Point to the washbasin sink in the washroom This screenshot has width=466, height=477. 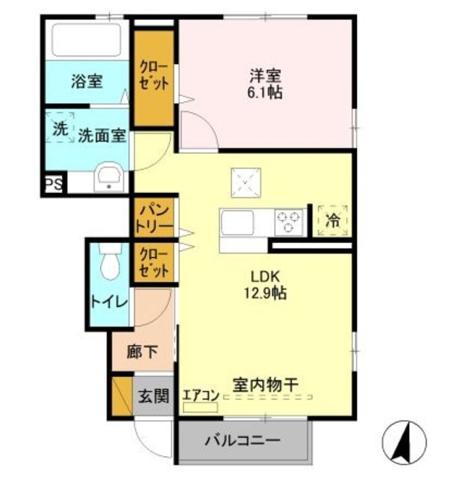[x=110, y=177]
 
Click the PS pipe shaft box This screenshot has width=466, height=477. [x=51, y=184]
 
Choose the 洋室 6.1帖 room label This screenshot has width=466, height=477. [x=265, y=84]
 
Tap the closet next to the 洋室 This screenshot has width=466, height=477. [x=154, y=74]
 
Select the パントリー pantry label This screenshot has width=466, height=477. [x=154, y=217]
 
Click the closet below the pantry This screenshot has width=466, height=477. [x=154, y=262]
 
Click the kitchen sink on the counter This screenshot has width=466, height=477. [x=237, y=222]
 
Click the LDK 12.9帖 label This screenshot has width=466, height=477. [x=264, y=284]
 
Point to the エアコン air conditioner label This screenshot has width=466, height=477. [x=200, y=397]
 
